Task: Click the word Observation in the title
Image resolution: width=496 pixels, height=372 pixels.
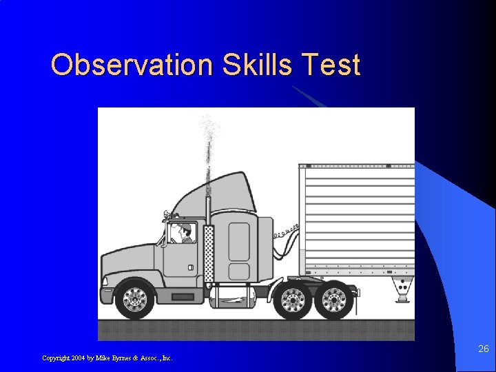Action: click(x=133, y=65)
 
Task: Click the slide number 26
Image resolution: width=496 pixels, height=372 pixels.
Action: click(x=484, y=349)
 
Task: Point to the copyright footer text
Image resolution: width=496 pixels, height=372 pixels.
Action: click(x=107, y=358)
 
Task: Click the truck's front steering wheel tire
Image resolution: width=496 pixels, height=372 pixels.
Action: click(x=135, y=299)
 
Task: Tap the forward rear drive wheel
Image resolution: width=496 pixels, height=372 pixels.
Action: click(x=293, y=300)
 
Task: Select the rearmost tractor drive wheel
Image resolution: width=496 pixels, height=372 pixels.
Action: click(x=334, y=300)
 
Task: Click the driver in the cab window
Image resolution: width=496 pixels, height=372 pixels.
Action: click(x=185, y=234)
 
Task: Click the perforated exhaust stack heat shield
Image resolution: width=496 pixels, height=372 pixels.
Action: click(x=209, y=251)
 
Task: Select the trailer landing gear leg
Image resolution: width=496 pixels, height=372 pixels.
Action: click(x=401, y=289)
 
